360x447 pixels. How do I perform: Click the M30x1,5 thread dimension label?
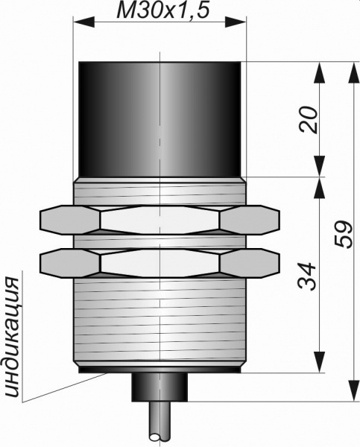(163, 10)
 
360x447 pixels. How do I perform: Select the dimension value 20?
(308, 120)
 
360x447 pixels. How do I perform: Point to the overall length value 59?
(344, 235)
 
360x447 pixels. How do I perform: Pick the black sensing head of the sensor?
(160, 119)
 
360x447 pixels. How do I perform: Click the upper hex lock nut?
(160, 220)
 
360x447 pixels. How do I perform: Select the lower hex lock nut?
(160, 263)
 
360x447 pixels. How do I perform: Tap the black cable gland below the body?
(160, 387)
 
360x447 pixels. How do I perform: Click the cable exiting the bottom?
(160, 424)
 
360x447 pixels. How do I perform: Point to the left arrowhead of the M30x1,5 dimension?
(84, 22)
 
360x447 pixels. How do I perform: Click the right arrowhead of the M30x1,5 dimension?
(236, 22)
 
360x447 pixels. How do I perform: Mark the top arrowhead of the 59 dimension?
(354, 72)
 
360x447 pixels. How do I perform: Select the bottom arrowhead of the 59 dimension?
(354, 391)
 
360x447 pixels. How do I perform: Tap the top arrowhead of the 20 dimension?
(320, 72)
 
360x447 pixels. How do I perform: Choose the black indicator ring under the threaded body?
(160, 370)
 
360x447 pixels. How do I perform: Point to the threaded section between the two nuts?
(160, 241)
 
